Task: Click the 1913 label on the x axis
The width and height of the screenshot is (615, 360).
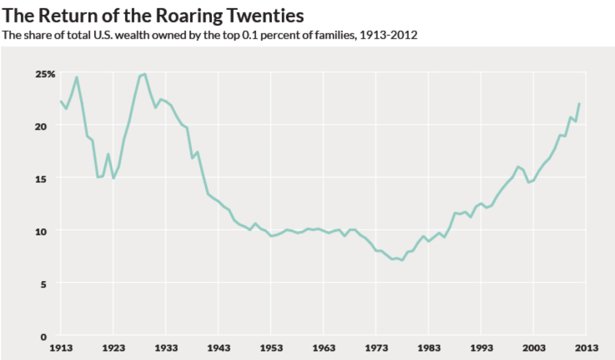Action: (x=60, y=348)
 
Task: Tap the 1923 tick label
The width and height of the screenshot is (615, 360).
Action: (x=113, y=348)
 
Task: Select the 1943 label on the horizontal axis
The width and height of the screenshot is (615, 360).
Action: (x=218, y=348)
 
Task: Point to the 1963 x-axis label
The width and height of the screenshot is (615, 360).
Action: (x=323, y=348)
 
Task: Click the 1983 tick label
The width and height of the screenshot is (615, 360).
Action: (x=429, y=348)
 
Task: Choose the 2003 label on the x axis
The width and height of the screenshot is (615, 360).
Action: (x=534, y=348)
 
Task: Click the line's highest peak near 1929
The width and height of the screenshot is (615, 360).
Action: (x=145, y=74)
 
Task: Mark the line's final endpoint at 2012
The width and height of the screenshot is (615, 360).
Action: (x=580, y=103)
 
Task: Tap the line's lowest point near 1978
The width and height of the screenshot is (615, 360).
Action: (x=402, y=260)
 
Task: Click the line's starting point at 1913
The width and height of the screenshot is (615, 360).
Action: (x=60, y=101)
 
